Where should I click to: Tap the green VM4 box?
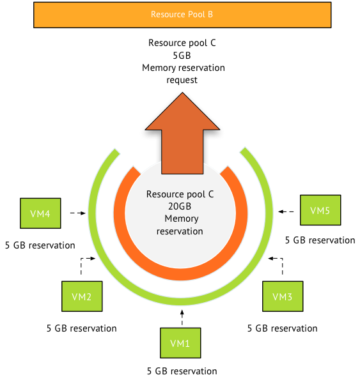(x=41, y=213)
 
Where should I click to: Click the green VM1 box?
(x=180, y=344)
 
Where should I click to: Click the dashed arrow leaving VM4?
(x=77, y=213)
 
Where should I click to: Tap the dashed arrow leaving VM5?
(x=286, y=210)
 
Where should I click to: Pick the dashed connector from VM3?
(x=278, y=262)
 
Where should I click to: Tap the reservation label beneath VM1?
(x=182, y=371)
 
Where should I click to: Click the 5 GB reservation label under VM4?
(x=40, y=245)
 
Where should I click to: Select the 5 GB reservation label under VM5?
(x=320, y=240)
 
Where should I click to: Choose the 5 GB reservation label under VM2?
(x=82, y=328)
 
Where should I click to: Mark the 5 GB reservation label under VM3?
(x=282, y=328)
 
